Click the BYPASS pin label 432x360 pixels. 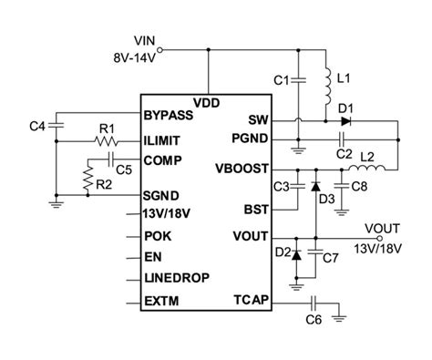point(170,116)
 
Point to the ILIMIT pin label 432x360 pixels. point(165,141)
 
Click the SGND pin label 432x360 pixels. point(162,196)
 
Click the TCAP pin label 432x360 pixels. point(252,298)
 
